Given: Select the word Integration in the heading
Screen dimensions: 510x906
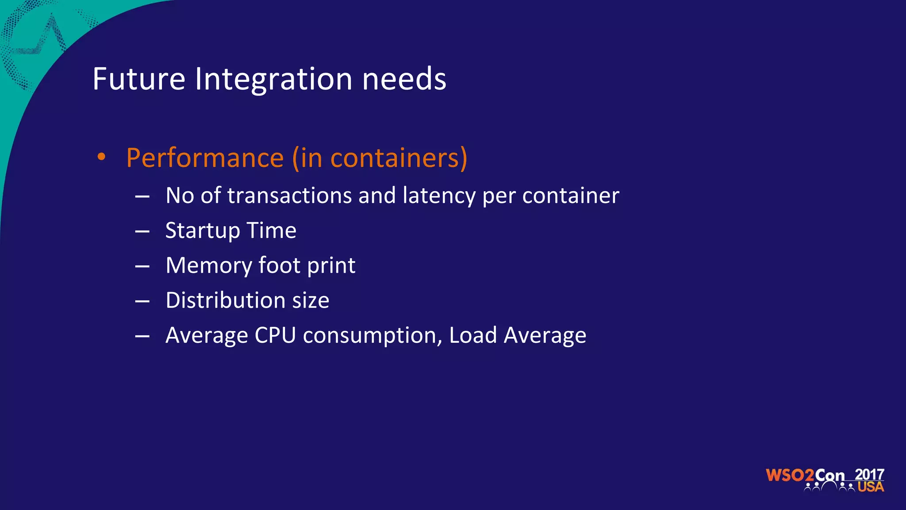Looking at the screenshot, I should (x=273, y=80).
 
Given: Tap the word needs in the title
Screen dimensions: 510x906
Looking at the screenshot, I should (x=404, y=79).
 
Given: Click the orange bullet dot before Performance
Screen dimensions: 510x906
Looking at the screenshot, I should (x=102, y=157).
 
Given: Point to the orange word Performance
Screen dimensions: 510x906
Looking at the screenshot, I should (x=205, y=158).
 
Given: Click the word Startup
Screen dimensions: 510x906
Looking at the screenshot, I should (x=203, y=231).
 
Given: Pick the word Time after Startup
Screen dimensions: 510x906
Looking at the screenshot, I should (x=272, y=230).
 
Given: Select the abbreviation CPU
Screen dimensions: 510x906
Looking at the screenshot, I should (x=275, y=335).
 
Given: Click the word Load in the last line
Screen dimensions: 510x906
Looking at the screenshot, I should (x=473, y=335).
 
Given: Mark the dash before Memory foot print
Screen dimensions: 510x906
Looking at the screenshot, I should (x=142, y=266).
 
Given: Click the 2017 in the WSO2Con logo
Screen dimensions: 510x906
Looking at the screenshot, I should (x=869, y=475).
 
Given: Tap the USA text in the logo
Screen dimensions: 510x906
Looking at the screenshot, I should (x=871, y=487).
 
